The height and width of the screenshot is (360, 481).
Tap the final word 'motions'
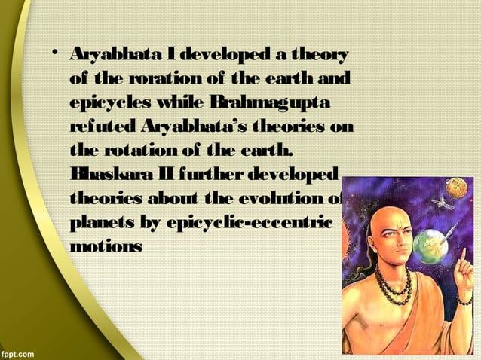point(106,246)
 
